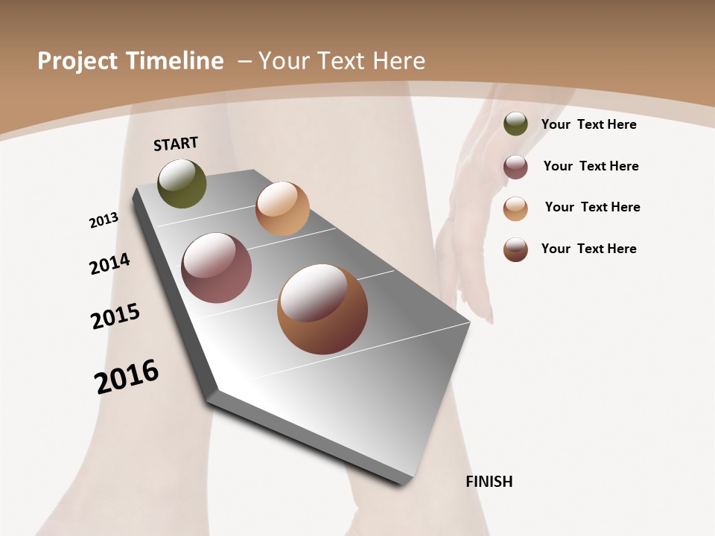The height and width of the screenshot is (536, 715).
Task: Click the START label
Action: coord(176,144)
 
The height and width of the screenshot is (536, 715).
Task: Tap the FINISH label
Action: coord(489,482)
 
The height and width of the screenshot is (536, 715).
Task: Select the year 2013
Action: coord(104,220)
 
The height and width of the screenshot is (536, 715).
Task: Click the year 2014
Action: coord(109,264)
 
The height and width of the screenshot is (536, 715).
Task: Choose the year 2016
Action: coord(127,376)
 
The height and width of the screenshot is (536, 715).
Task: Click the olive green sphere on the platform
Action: coord(182,184)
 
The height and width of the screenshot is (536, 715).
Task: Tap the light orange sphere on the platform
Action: coord(282,208)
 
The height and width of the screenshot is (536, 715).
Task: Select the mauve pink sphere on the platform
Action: coord(217,268)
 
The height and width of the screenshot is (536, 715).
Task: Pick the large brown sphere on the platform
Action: coord(322,309)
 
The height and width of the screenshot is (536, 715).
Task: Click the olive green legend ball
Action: coord(515,124)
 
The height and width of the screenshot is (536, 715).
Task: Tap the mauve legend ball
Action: coord(515,167)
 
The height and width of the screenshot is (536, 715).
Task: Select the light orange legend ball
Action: coord(515,208)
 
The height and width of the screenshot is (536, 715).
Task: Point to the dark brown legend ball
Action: coord(515,249)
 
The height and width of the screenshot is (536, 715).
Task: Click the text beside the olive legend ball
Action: coord(588,124)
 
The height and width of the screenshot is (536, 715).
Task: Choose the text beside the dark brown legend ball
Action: coord(588,249)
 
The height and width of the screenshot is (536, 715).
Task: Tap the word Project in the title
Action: coord(73,61)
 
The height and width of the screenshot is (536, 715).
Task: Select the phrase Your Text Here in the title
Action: coord(341,61)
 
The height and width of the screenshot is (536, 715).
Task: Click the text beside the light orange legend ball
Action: coord(592,207)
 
